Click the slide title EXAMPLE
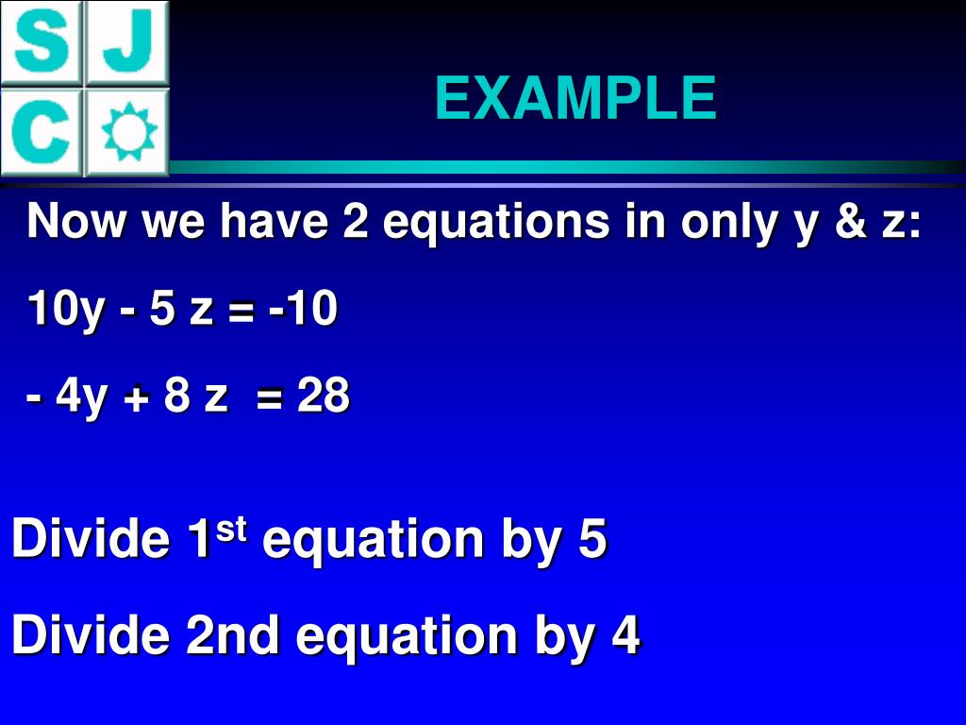pyautogui.click(x=575, y=98)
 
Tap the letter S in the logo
pyautogui.click(x=42, y=42)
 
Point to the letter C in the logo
pyautogui.click(x=42, y=132)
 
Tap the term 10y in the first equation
pyautogui.click(x=66, y=310)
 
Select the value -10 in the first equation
pyautogui.click(x=302, y=310)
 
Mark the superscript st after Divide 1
pyautogui.click(x=231, y=531)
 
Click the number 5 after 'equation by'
pyautogui.click(x=591, y=540)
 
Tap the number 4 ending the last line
pyautogui.click(x=625, y=635)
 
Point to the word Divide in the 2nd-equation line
pyautogui.click(x=91, y=635)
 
